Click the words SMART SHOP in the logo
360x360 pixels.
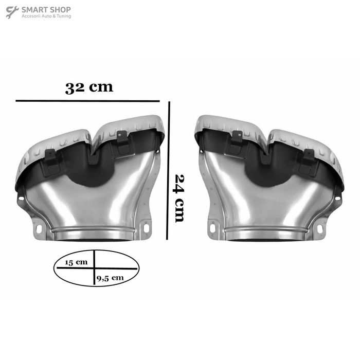[46, 10]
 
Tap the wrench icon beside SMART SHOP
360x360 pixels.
[12, 12]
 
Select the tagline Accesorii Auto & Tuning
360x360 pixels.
[46, 16]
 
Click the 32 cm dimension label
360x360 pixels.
[89, 87]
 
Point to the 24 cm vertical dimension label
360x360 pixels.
[179, 199]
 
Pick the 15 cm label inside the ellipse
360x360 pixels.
[76, 262]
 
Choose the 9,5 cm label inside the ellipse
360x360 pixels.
[110, 278]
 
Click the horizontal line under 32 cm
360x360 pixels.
[87, 101]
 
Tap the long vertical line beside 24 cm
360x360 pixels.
[168, 171]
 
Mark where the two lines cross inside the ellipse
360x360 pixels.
[94, 268]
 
